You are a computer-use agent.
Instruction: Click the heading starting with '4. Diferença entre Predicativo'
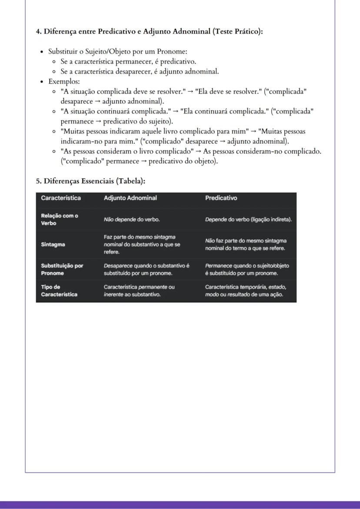pos(149,31)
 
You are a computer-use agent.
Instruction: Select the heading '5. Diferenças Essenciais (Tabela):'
pos(90,181)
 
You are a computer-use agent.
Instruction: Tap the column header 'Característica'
pos(61,198)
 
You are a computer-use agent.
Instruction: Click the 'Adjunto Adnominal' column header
pos(130,198)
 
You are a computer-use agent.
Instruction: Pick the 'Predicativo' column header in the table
pos(221,198)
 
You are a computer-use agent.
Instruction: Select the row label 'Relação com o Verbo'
pos(60,220)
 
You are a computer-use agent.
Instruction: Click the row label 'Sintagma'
pos(53,244)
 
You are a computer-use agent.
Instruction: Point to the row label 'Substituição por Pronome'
pos(62,269)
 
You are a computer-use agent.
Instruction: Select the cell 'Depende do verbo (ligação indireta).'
pos(248,220)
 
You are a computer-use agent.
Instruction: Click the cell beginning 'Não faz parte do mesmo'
pos(246,244)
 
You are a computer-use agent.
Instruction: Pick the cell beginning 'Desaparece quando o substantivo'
pos(147,269)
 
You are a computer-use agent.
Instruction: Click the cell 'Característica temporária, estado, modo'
pos(246,291)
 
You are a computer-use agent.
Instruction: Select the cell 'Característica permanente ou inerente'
pos(139,291)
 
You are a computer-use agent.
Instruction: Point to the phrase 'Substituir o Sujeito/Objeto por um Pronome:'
pos(117,51)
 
